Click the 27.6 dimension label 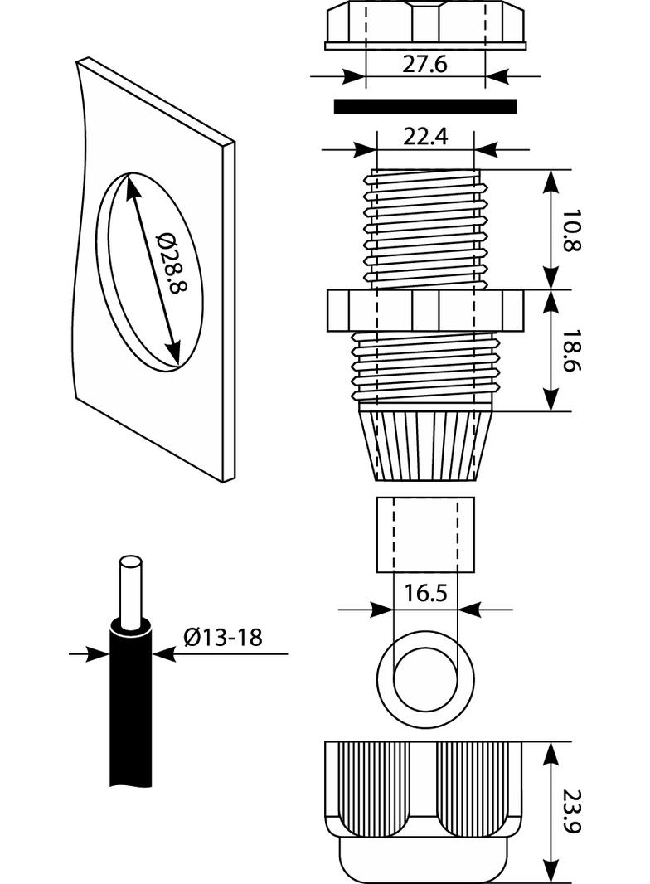(424, 64)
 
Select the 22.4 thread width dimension (424, 137)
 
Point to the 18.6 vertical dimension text (570, 350)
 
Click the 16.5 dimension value (424, 594)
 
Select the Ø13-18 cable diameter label (222, 637)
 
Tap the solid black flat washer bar (424, 106)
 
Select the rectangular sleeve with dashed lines (425, 534)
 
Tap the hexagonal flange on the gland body (424, 310)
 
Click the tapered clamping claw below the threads (424, 444)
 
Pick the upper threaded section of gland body (424, 228)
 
